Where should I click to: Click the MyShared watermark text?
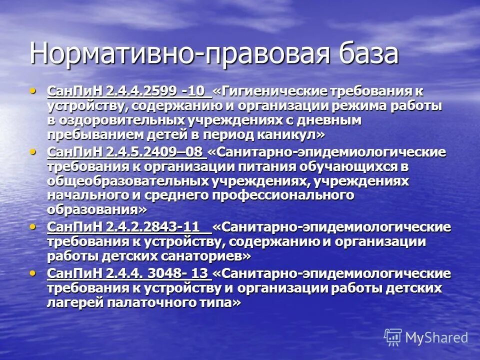click(x=436, y=337)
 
